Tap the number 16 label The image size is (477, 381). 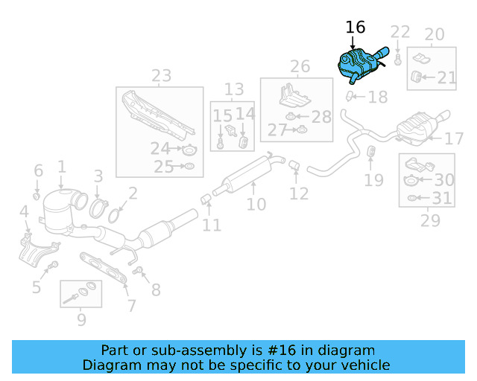pos(356,28)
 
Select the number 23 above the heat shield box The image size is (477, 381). pos(161,76)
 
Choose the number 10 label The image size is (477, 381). pos(256,204)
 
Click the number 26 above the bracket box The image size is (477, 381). pos(300,68)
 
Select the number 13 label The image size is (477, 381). pos(234,89)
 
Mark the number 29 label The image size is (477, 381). pos(430,220)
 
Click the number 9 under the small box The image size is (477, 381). pos(80,320)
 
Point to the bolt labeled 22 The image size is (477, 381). pos(399,57)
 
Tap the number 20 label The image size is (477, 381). pos(434,34)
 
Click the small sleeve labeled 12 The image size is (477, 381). pos(294,164)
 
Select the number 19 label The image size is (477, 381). pos(373,179)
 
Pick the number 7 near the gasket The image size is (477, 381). pos(131,305)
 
